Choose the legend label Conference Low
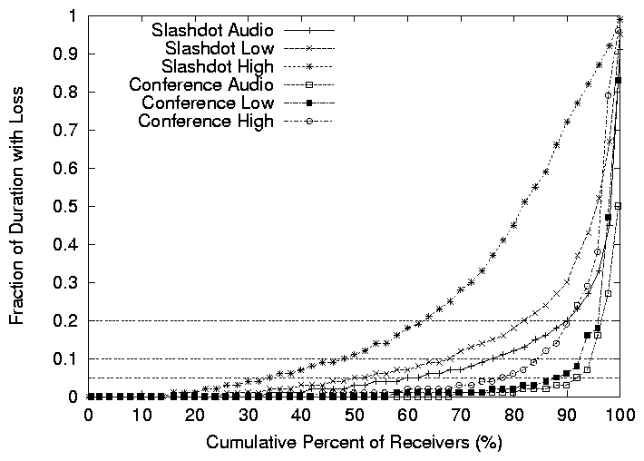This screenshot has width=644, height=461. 206,103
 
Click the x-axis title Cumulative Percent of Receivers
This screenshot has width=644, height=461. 354,444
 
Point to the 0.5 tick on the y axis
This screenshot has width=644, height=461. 66,207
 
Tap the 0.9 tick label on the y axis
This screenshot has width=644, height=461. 66,54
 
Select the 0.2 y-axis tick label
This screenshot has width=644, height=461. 66,321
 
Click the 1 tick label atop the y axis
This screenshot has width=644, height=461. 73,16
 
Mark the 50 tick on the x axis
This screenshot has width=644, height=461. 355,416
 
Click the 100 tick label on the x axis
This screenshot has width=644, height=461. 620,416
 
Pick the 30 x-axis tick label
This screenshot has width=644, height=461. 248,416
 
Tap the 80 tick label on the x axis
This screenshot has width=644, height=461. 514,416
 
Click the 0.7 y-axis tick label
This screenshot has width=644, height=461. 66,131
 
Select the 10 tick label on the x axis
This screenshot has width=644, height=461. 141,416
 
